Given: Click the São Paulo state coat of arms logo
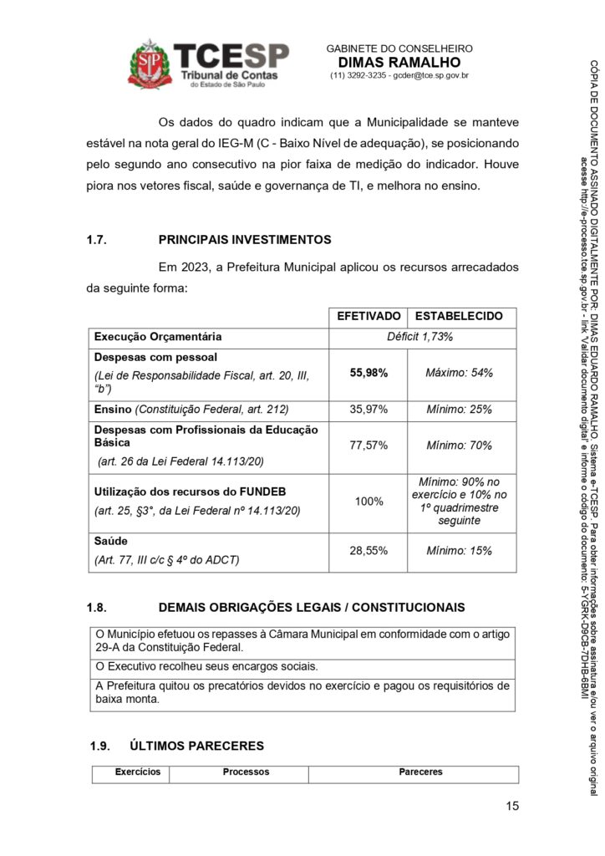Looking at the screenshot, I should [x=150, y=64].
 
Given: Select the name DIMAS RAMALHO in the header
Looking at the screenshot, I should [x=399, y=63].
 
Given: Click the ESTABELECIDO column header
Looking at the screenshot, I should [x=459, y=317].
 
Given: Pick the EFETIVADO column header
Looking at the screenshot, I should [x=368, y=317].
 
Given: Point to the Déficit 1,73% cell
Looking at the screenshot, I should [x=422, y=337].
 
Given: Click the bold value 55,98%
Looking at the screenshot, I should [x=369, y=373].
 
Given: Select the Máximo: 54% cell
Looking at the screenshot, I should [x=459, y=373].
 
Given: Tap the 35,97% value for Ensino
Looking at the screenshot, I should [x=369, y=410].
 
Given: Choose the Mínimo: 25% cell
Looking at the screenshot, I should [x=459, y=410].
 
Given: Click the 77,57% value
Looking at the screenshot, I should [x=369, y=446].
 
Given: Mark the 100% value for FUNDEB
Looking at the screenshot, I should [x=369, y=502].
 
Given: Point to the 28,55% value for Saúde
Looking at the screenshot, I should [x=369, y=552].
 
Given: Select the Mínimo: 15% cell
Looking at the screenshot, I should [x=459, y=552].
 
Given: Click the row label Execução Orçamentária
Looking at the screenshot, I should [x=158, y=337].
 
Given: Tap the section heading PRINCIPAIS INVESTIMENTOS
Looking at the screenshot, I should [x=245, y=240].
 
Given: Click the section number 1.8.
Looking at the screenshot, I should [x=98, y=607].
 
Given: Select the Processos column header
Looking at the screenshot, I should [x=246, y=772].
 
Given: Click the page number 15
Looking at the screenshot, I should [x=511, y=807].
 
